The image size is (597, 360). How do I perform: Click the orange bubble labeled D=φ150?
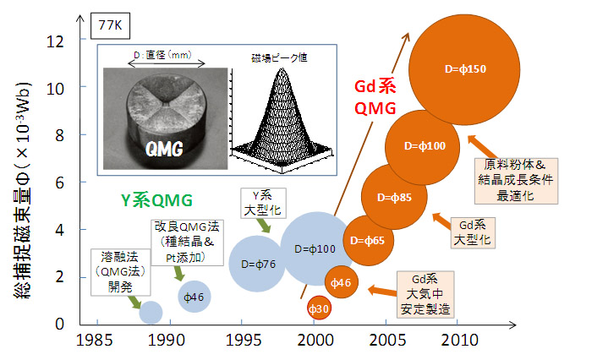(465, 69)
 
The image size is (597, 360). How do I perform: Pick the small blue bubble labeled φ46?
(195, 297)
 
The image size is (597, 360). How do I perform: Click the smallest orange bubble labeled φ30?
(319, 309)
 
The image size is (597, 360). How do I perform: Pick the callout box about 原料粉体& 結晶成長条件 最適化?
(515, 179)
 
